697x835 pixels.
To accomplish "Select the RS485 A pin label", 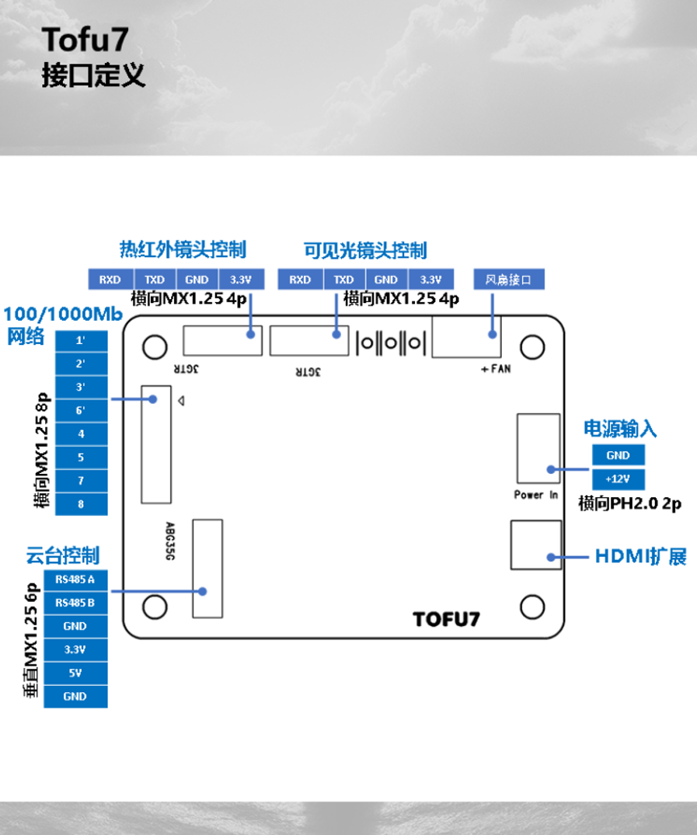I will tap(75, 579).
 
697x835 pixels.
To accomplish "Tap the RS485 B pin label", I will tap(75, 603).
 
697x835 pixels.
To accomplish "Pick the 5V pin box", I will tap(75, 673).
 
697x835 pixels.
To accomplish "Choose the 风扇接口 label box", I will tap(508, 280).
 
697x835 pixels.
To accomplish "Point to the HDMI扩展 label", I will tap(640, 557).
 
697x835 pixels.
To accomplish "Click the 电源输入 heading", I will tap(620, 429).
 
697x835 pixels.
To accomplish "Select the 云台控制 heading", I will tap(63, 555).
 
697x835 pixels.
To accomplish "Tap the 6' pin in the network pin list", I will tap(81, 410).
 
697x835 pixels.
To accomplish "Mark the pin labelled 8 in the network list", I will tap(81, 504).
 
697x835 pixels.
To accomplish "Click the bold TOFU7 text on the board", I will tap(446, 619).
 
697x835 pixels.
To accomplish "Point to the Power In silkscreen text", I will tap(535, 495).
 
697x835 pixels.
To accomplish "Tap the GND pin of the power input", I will tap(618, 455).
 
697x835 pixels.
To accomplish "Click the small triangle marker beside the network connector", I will tap(180, 402).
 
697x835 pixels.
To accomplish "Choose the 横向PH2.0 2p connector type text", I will tap(629, 504).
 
